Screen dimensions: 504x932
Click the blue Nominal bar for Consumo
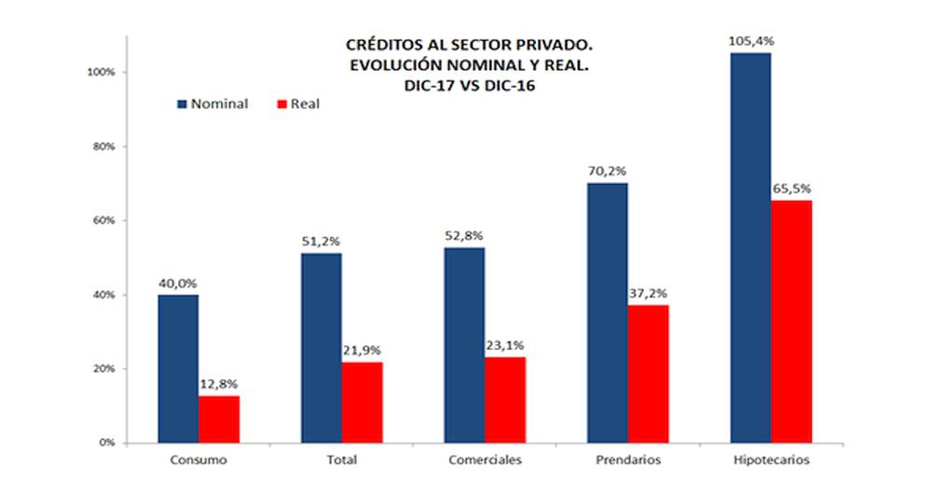coord(178,369)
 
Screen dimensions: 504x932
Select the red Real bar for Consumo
coord(219,419)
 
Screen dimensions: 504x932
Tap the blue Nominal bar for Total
coord(321,348)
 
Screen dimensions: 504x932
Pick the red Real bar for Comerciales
coord(505,399)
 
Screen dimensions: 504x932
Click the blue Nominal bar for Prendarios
coord(608,313)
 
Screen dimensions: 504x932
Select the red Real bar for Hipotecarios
coord(791,321)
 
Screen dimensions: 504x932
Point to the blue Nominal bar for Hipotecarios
coord(750,247)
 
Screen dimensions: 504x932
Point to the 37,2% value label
coord(650,294)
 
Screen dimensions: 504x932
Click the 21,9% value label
coord(363,351)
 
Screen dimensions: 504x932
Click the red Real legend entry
coord(297,104)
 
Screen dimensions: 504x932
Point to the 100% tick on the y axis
coord(101,72)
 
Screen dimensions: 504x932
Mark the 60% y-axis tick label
coord(103,220)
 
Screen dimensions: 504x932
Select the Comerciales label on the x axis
coord(485,461)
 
